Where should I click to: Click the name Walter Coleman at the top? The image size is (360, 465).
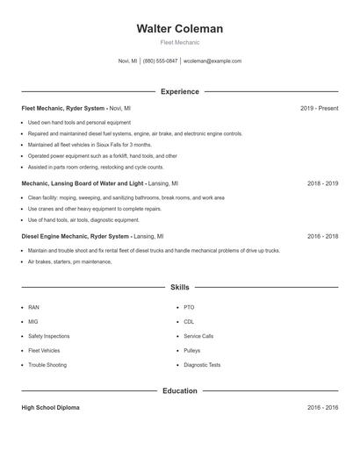point(179,29)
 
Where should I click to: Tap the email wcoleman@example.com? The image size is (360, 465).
point(212,61)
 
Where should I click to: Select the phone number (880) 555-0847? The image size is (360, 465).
point(160,61)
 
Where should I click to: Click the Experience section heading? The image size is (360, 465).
point(179,91)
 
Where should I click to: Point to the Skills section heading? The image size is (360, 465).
point(179,287)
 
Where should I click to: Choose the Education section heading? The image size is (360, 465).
point(179,390)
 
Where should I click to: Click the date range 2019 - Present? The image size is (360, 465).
point(319,108)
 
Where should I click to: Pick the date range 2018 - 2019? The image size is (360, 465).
point(322,184)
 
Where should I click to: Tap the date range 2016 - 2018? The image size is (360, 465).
point(322,236)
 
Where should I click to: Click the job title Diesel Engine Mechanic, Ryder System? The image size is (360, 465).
point(76,236)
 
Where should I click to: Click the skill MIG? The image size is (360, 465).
point(33,322)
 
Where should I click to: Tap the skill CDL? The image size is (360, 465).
point(189,322)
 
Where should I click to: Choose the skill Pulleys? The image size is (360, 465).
point(191,350)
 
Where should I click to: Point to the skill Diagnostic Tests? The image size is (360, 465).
point(202,365)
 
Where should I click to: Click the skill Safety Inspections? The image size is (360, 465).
point(48,336)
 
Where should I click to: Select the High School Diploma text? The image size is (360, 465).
point(50,408)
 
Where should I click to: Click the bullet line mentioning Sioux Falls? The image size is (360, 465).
point(90,145)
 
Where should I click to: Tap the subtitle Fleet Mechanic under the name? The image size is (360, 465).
point(179,42)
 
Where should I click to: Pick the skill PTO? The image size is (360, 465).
point(189,308)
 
